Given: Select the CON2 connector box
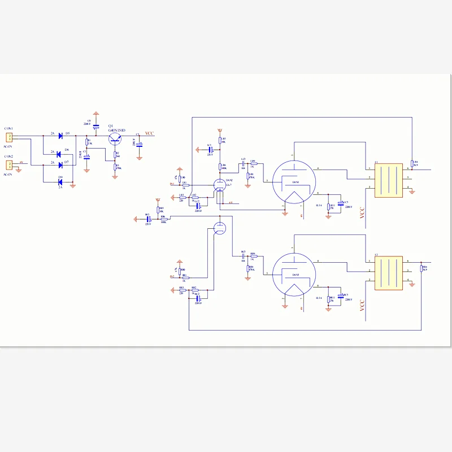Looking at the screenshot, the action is point(9,165).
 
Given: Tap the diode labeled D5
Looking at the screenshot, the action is point(60,136).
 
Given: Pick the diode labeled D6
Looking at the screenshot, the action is point(60,153).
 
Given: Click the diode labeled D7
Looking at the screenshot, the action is point(60,165).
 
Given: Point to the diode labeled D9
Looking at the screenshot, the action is point(60,181).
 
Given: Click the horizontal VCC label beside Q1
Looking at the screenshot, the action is point(149,134).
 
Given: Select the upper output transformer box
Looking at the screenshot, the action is point(388,180).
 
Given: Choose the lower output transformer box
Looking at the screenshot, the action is point(388,274).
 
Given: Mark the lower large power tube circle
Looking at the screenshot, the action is point(293,275).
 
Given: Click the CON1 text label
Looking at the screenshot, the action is point(8,129).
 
